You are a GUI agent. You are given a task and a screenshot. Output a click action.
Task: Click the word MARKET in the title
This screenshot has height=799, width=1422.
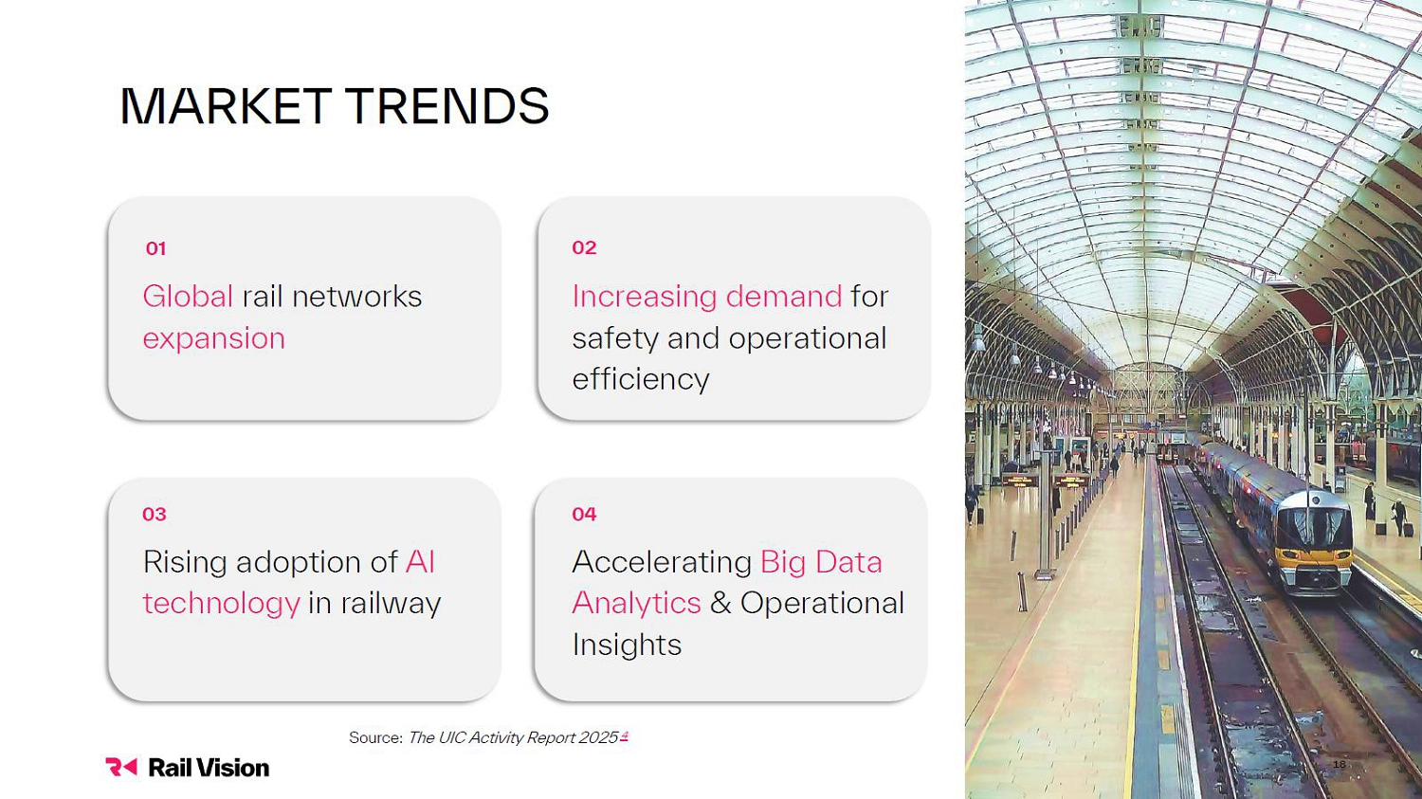coord(226,105)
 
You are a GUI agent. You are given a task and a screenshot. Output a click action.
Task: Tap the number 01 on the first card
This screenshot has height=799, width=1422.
coord(155,248)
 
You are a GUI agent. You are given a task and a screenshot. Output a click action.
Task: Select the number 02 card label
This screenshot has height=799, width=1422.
coord(584,247)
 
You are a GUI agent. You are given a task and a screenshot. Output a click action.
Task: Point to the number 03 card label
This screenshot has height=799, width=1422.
coord(155,514)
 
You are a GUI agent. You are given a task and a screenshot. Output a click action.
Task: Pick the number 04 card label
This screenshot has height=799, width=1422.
coord(584,514)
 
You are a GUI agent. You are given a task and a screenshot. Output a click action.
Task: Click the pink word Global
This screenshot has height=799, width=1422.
coord(188,296)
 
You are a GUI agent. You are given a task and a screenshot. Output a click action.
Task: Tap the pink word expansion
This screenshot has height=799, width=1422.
coord(214,339)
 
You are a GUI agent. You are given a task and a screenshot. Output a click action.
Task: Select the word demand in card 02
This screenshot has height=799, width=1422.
coord(783,296)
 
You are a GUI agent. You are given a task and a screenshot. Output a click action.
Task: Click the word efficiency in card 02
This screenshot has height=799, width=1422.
coord(641,379)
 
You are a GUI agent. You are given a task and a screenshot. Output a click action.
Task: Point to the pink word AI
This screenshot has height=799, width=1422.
coord(420,562)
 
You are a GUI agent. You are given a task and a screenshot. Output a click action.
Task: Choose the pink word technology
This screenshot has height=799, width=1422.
coord(221,604)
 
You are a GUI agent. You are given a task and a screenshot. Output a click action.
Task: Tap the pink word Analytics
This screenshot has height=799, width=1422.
coord(637,604)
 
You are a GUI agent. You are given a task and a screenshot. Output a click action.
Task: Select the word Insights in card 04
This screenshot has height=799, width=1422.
coord(627,645)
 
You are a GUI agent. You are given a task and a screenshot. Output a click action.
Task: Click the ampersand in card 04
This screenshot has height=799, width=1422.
coord(720,603)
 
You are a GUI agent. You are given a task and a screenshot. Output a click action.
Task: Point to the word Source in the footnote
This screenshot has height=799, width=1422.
coord(375,737)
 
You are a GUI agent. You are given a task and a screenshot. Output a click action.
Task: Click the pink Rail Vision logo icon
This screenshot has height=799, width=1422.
coord(121,767)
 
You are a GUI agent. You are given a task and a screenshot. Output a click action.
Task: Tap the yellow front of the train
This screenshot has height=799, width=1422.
coord(1314,558)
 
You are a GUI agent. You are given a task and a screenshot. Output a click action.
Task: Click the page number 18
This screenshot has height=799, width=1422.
coord(1339,764)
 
